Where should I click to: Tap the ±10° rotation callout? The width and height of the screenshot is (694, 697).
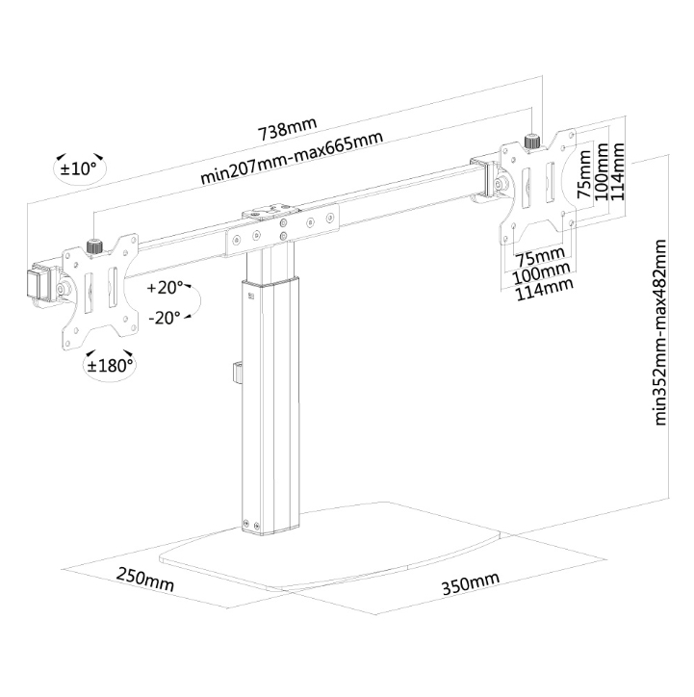[x=79, y=168]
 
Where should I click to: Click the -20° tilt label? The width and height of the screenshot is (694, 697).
[x=165, y=318]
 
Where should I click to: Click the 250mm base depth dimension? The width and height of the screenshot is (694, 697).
[x=145, y=581]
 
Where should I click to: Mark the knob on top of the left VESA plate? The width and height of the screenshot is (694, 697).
[x=94, y=246]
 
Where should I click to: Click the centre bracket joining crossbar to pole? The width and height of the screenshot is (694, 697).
[x=284, y=230]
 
